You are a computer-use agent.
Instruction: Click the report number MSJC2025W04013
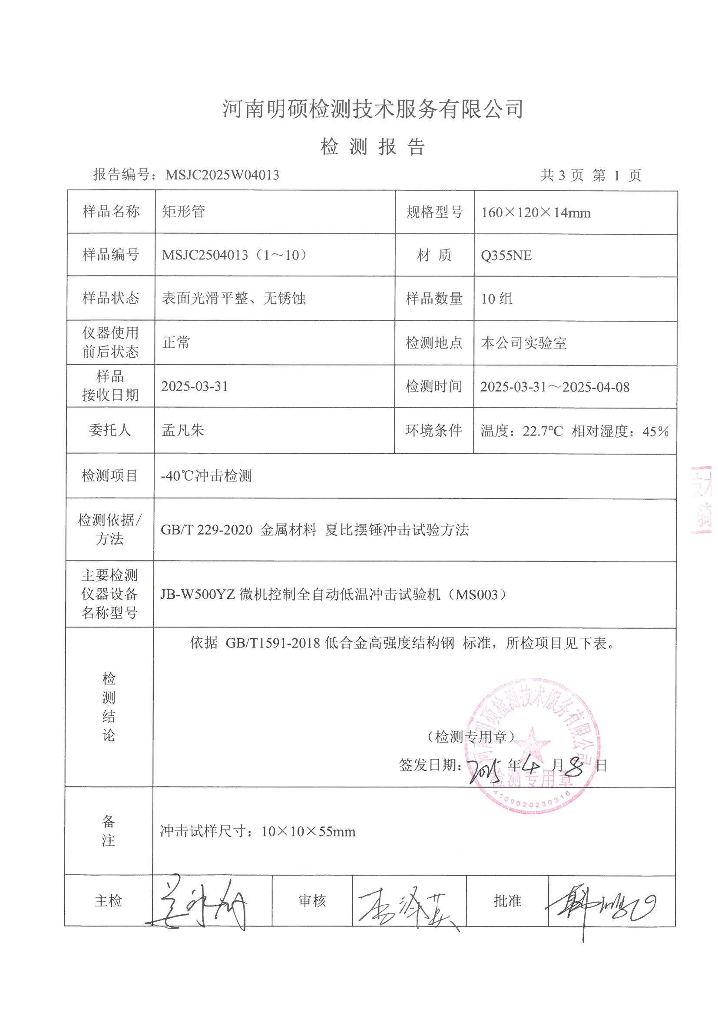click(x=222, y=175)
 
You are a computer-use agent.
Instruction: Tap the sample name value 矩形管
click(x=184, y=212)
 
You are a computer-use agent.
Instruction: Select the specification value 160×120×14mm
click(x=536, y=213)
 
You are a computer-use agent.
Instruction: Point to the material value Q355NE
click(x=506, y=256)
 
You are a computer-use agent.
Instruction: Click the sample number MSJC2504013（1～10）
click(x=235, y=255)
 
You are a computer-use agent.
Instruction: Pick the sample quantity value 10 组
click(x=497, y=299)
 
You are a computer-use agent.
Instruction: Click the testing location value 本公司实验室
click(x=524, y=343)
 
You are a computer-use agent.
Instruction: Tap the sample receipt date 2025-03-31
click(x=195, y=386)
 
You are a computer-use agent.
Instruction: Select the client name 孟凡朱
click(x=183, y=430)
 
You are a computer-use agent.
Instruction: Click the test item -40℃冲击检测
click(x=206, y=476)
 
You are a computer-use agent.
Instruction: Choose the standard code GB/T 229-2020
click(x=206, y=530)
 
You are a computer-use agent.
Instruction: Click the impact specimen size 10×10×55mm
click(x=308, y=831)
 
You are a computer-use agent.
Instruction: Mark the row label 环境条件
click(x=433, y=431)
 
